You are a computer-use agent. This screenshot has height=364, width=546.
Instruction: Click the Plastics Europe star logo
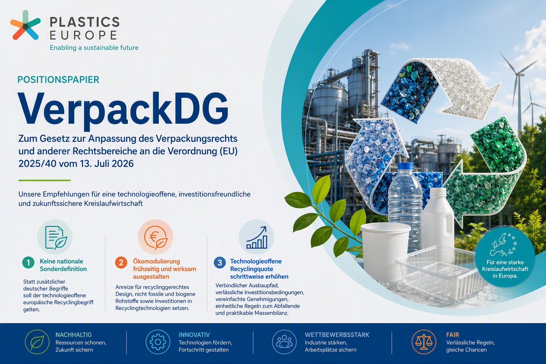pyautogui.click(x=25, y=25)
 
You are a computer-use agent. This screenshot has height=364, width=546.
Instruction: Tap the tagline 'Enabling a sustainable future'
pyautogui.click(x=94, y=48)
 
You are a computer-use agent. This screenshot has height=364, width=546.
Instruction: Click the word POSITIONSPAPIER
pyautogui.click(x=58, y=80)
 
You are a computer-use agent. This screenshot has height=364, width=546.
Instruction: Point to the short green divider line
pyautogui.click(x=44, y=181)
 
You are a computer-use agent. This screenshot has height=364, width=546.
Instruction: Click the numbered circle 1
pyautogui.click(x=28, y=263)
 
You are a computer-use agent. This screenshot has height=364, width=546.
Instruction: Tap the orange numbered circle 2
pyautogui.click(x=121, y=263)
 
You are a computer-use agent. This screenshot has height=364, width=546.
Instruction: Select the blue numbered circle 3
pyautogui.click(x=220, y=263)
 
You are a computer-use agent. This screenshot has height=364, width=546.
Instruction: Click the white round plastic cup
pyautogui.click(x=385, y=251)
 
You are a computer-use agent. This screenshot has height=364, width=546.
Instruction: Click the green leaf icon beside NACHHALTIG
pyautogui.click(x=37, y=342)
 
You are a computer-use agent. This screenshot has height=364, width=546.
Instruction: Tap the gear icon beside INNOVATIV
pyautogui.click(x=158, y=342)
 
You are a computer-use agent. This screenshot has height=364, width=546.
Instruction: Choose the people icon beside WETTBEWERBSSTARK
pyautogui.click(x=284, y=342)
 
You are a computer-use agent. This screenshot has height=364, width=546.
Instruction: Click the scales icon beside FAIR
pyautogui.click(x=424, y=342)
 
